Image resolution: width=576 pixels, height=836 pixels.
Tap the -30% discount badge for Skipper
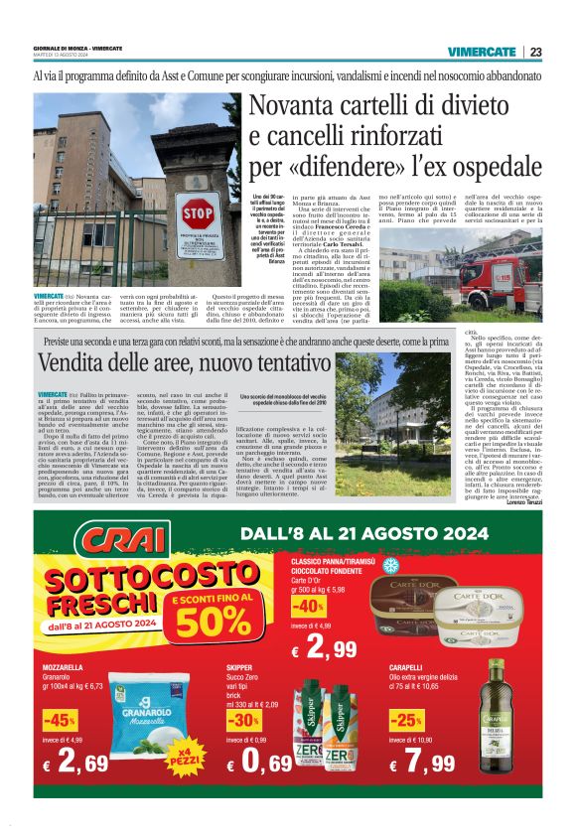tap(242, 720)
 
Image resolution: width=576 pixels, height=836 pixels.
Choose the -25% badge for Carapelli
tap(406, 720)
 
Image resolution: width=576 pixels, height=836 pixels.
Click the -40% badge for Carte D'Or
tap(308, 605)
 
